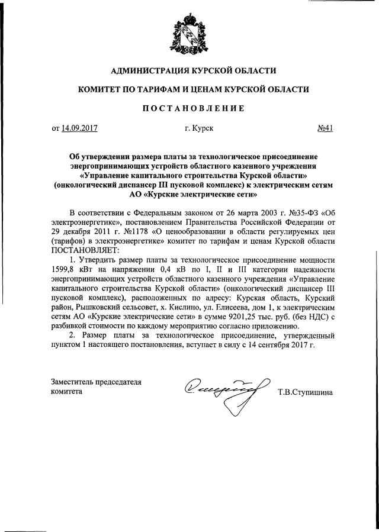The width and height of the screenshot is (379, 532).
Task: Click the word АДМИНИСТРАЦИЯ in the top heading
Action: pos(142,71)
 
